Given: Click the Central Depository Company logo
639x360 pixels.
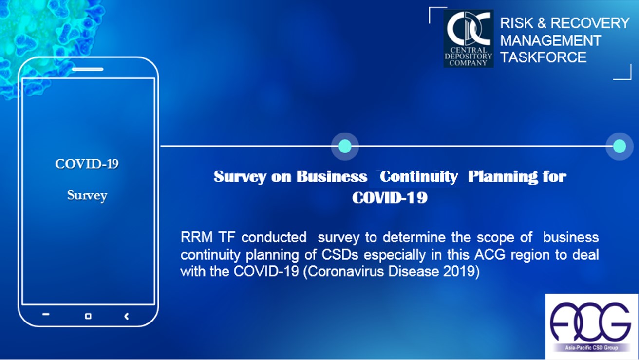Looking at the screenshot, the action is (x=469, y=39).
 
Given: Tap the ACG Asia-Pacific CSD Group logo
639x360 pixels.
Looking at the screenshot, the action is (x=591, y=326).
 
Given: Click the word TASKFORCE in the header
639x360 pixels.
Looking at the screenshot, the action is (x=543, y=57).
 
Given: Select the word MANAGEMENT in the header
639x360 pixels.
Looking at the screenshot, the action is (x=550, y=40).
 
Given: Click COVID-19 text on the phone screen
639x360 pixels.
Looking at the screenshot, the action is (x=87, y=164).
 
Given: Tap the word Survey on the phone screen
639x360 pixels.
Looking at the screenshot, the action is (x=87, y=196).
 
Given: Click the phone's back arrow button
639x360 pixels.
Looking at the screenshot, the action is (x=126, y=316).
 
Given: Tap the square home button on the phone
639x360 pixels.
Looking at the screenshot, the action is (x=88, y=316).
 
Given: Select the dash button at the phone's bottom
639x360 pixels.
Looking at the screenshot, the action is (x=46, y=314).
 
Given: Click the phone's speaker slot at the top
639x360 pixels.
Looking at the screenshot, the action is (x=88, y=69).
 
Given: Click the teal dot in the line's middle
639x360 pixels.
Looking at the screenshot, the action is (x=345, y=146).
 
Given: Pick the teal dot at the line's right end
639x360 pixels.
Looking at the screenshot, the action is (x=620, y=146).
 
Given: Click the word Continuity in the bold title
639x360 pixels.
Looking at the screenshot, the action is (x=419, y=176).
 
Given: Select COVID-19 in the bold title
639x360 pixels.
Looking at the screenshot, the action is (x=390, y=197).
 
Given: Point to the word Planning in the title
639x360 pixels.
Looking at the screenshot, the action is (x=503, y=177).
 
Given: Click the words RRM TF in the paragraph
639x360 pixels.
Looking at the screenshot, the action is (x=208, y=237).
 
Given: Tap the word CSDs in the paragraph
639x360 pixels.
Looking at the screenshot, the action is (x=340, y=254).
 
